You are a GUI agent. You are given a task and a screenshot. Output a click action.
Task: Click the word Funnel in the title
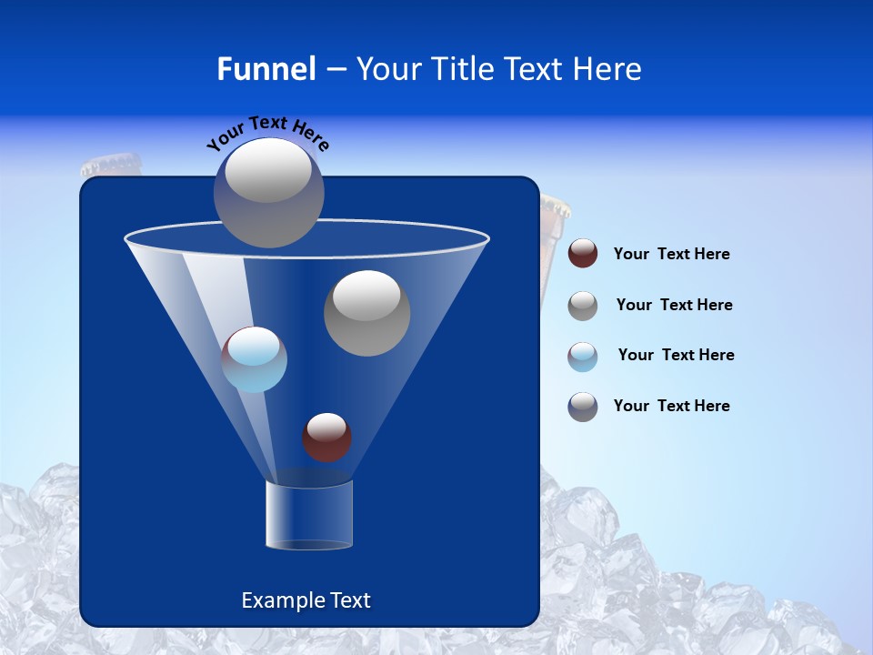coord(266,69)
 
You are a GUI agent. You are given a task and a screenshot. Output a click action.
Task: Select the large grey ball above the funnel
coord(268,192)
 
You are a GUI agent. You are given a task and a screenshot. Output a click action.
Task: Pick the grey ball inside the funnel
coord(366,313)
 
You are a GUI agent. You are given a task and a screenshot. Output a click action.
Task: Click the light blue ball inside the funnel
coord(254,359)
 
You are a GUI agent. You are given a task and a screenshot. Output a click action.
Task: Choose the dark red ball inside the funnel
coord(326,437)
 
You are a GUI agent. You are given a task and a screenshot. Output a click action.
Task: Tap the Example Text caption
coord(306,600)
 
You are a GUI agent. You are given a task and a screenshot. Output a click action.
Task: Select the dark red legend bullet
coord(583,254)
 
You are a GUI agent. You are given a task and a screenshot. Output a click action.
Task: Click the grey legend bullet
coord(583,305)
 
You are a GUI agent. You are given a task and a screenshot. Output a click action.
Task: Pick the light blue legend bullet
coord(583,356)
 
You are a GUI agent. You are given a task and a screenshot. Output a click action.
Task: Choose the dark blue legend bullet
coord(583,407)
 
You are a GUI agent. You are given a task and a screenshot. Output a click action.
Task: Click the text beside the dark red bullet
coord(671,255)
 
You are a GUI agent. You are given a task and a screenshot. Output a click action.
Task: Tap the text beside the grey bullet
coord(674,305)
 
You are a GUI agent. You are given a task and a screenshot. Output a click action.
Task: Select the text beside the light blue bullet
coord(676,355)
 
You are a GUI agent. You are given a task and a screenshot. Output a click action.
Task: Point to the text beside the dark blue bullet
coord(671,406)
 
